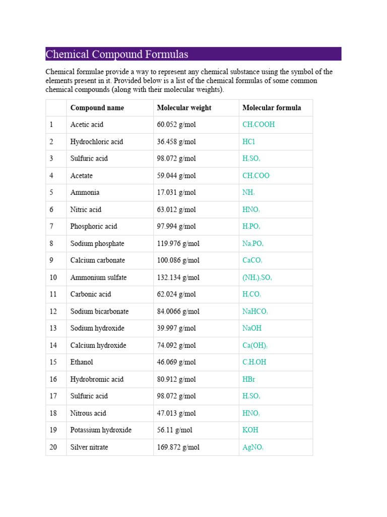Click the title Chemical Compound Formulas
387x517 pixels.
pos(117,54)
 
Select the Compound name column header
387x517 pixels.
pos(97,108)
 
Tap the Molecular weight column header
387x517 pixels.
pos(184,108)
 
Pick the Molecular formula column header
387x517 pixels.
pos(272,108)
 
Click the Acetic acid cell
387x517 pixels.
pos(87,125)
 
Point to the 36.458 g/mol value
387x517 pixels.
pos(175,142)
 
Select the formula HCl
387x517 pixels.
pos(249,142)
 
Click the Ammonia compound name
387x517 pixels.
pos(85,192)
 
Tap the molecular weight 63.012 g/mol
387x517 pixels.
pos(175,210)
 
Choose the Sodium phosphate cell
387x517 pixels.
pos(97,243)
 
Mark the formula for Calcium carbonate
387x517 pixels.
pos(252,261)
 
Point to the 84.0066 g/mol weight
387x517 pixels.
pos(178,312)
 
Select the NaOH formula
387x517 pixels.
pos(252,328)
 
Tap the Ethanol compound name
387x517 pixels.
pos(82,362)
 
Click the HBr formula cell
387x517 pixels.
pos(249,379)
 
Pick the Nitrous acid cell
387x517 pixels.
pos(88,413)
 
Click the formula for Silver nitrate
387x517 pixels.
pos(253,447)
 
